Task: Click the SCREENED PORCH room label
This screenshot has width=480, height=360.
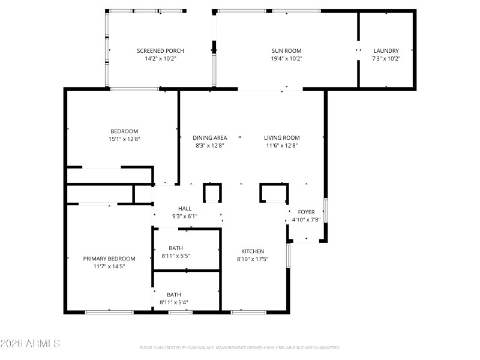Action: (160, 51)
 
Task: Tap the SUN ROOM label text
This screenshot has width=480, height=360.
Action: (286, 51)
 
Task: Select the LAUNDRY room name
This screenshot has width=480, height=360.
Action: (386, 51)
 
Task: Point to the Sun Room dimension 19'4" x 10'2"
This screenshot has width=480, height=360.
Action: (286, 59)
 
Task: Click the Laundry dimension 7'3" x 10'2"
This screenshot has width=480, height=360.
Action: (386, 59)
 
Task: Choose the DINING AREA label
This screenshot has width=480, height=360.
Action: (210, 137)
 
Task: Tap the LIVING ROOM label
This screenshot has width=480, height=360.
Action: (281, 137)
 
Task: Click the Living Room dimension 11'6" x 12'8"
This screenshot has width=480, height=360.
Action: (281, 145)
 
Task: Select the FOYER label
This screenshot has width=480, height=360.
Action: (306, 212)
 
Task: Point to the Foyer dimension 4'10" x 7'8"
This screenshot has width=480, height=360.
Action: (306, 220)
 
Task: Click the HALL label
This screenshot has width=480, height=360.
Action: (185, 208)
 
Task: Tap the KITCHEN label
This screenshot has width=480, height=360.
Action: (253, 251)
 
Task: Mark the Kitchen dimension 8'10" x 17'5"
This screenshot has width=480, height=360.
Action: (253, 259)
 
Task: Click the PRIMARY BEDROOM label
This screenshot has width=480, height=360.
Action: (109, 259)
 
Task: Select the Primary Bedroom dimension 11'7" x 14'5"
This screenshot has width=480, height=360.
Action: (109, 266)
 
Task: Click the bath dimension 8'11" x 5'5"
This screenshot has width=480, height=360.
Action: (176, 256)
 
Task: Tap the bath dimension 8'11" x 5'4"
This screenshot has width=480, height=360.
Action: (174, 302)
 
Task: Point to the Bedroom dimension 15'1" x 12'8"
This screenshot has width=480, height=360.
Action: (124, 139)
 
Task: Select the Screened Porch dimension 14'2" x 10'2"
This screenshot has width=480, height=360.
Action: (160, 59)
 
